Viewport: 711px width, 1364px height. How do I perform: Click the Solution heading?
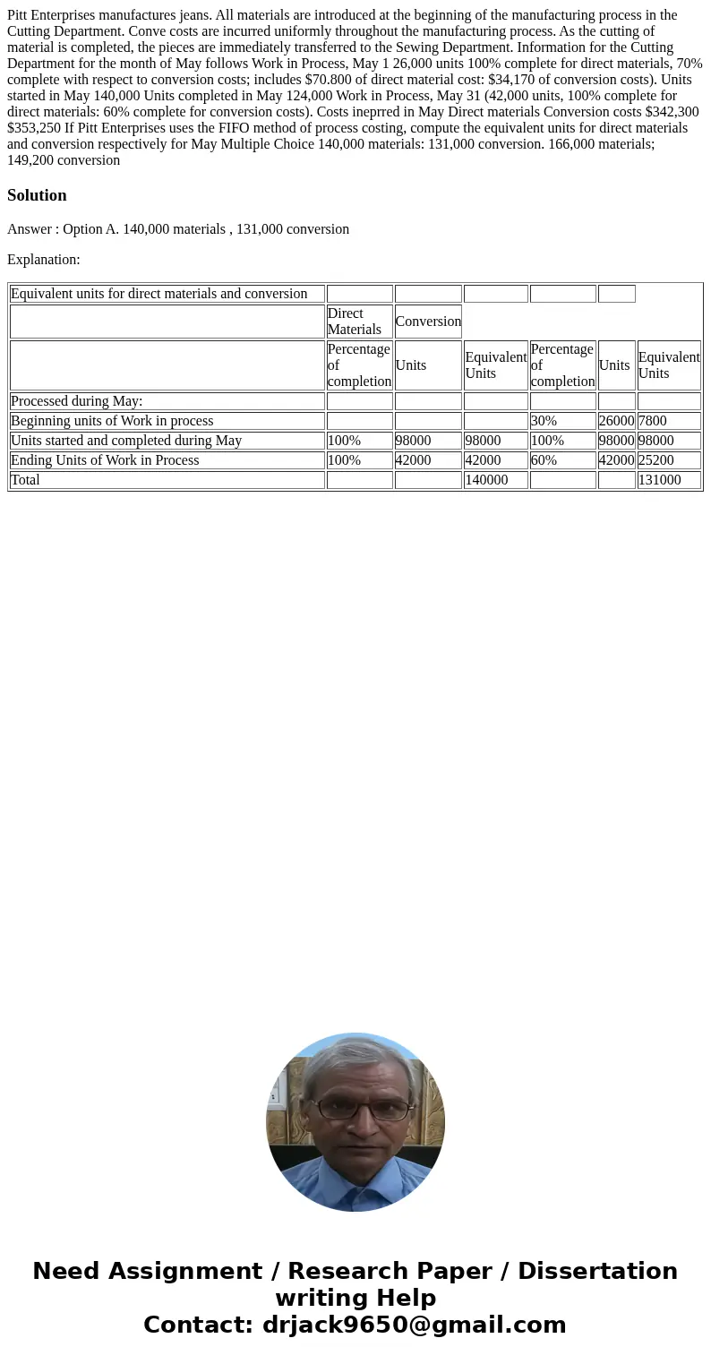37,195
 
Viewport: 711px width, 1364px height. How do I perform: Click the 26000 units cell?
616,421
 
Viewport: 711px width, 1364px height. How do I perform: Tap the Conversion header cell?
428,322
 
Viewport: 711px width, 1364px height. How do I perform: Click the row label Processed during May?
77,401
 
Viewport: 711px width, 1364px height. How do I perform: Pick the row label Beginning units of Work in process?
112,421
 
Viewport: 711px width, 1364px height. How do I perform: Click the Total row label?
25,480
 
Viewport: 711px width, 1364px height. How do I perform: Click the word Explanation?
44,260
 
